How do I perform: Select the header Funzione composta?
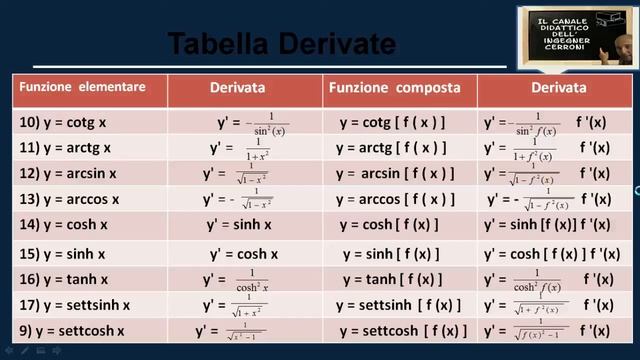[399, 88]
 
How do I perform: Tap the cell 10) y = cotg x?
[62, 122]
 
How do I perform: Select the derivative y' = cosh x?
[244, 254]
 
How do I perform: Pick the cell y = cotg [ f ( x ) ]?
[392, 122]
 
